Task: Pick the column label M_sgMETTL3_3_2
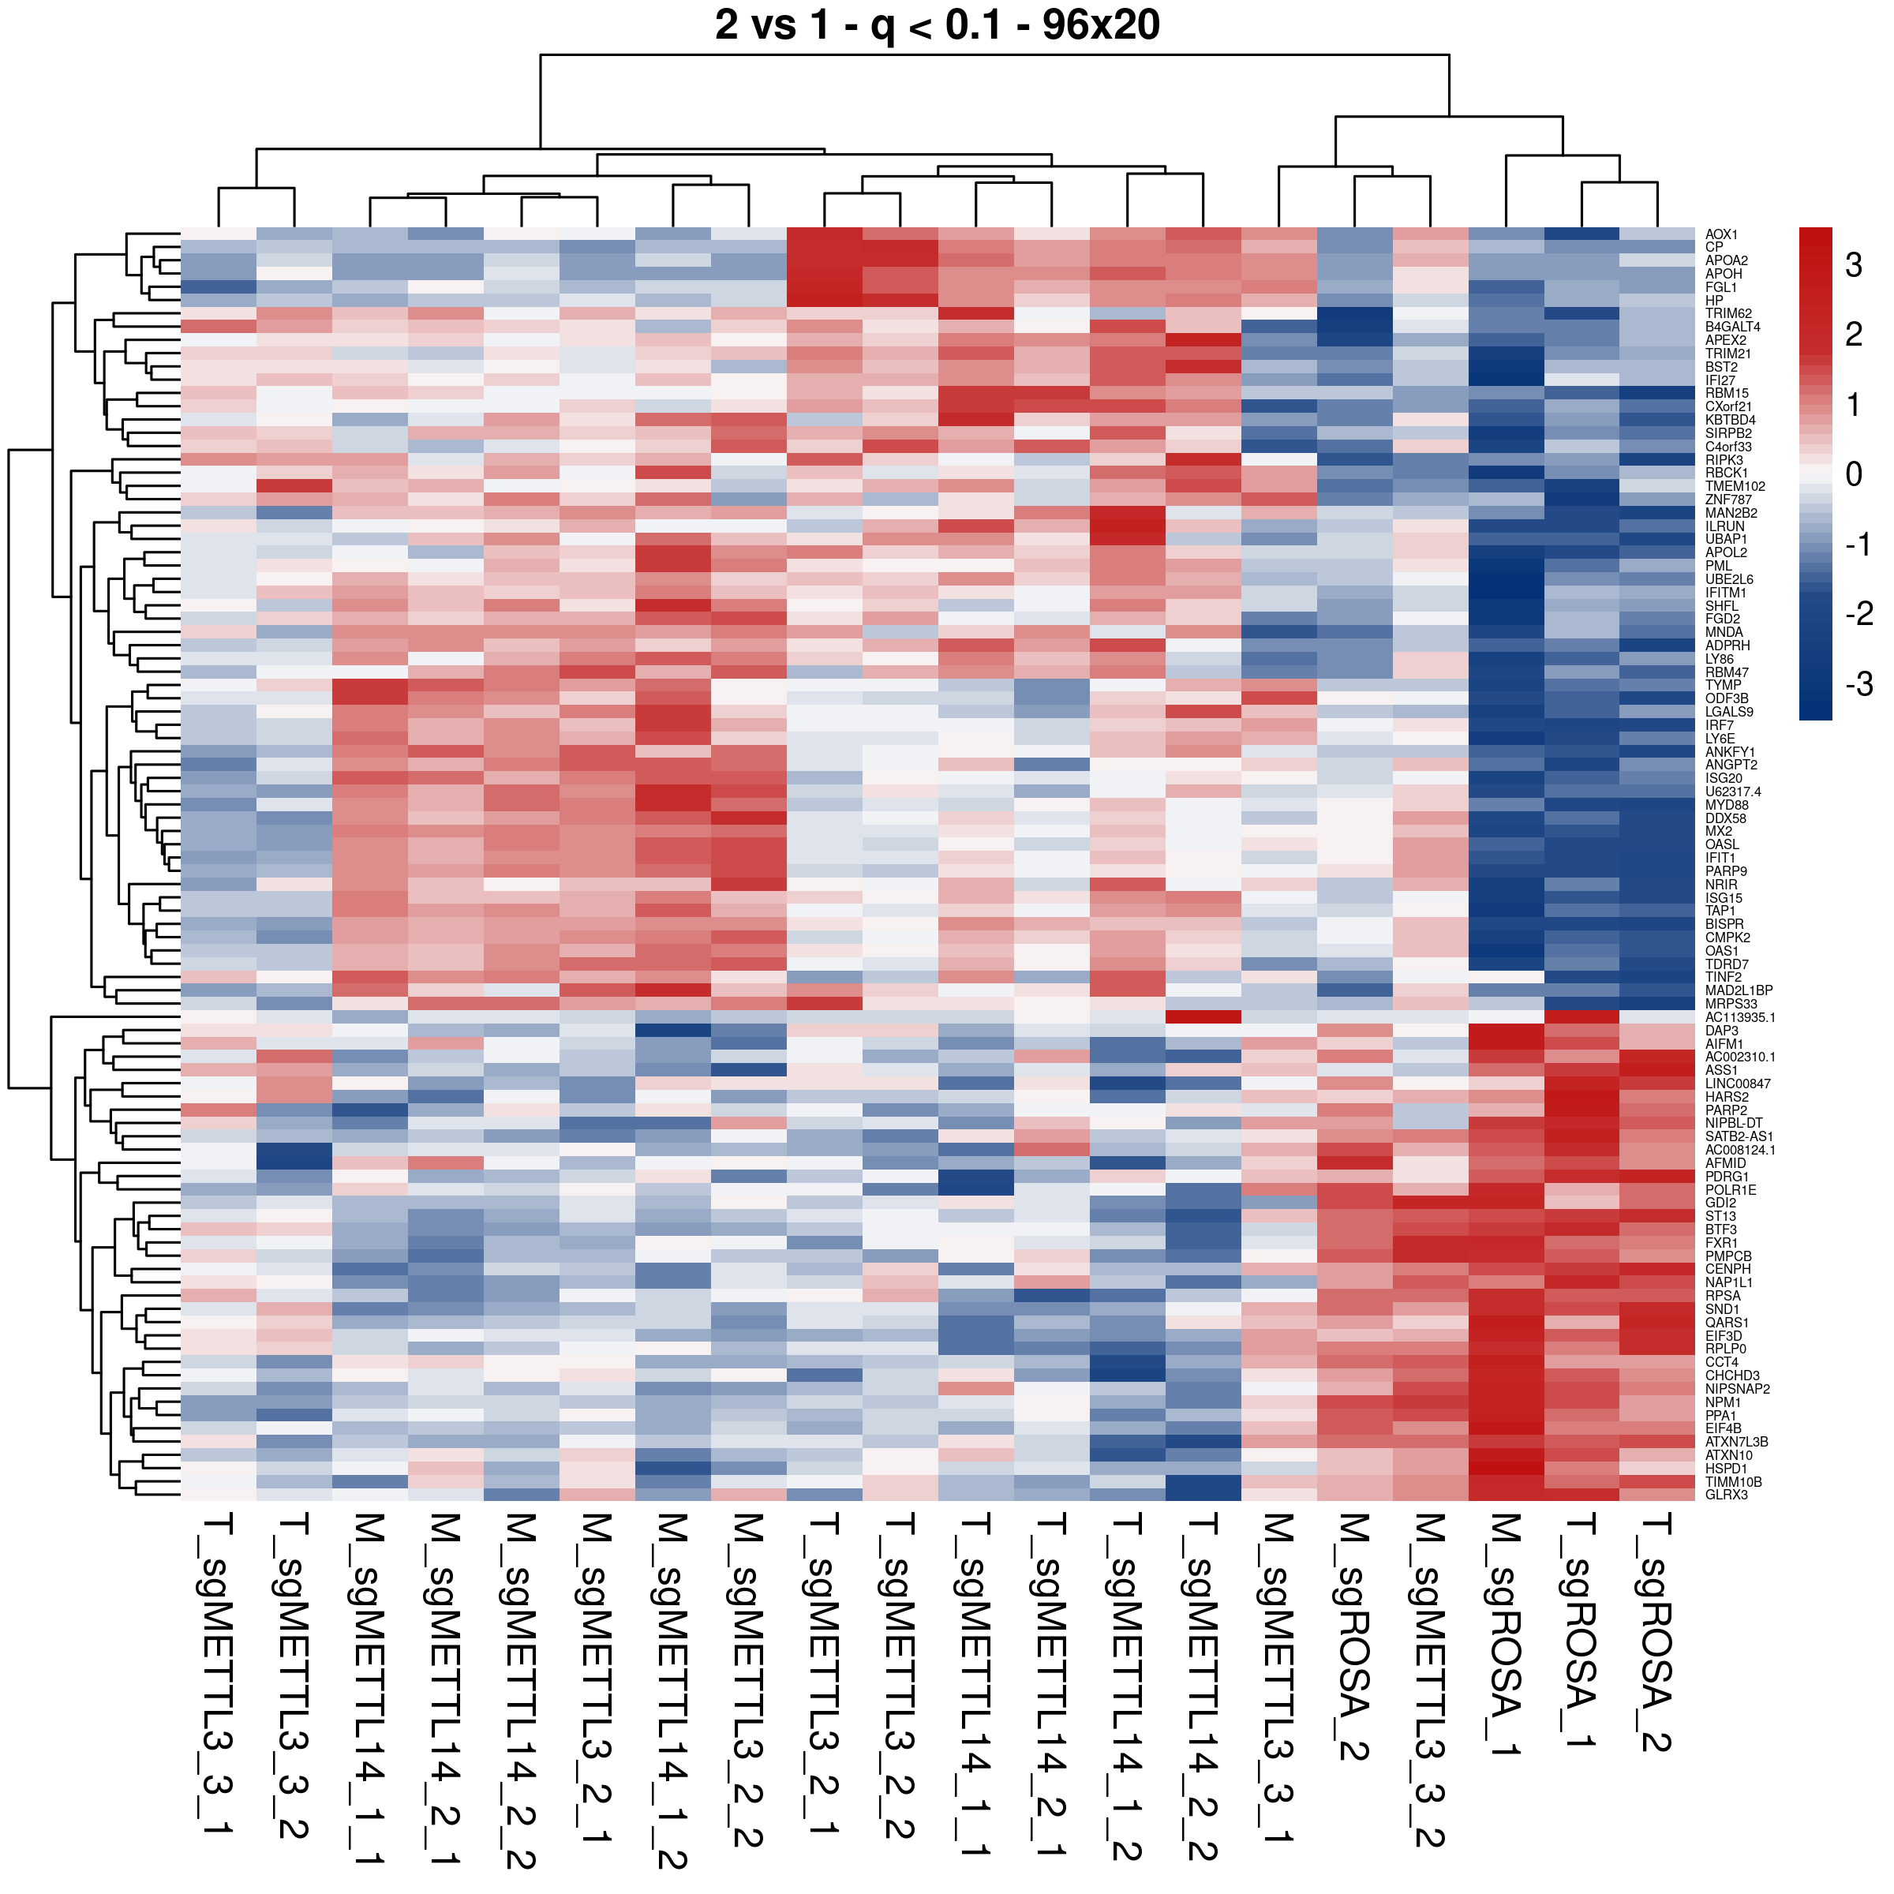1430,1680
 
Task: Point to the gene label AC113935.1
1740,1017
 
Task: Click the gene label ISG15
1724,898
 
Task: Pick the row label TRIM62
1728,314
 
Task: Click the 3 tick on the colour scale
1853,264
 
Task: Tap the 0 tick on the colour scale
1853,474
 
